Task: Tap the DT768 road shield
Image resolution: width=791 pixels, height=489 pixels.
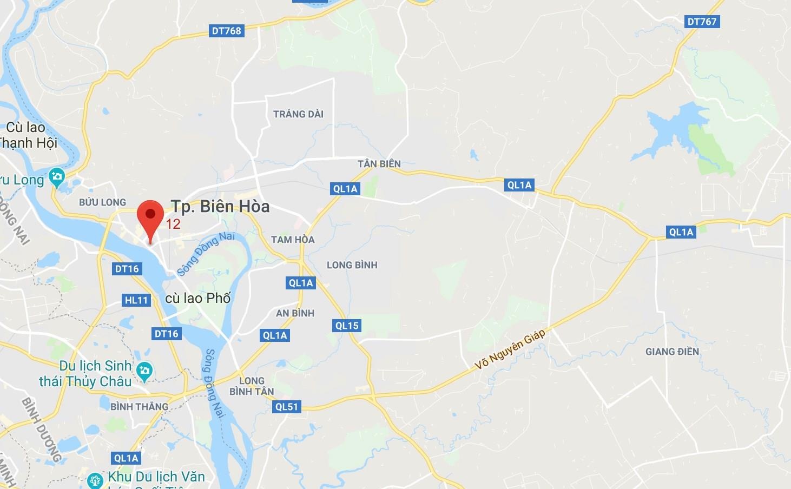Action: [x=227, y=31]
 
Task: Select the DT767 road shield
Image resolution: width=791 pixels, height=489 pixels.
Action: [x=702, y=22]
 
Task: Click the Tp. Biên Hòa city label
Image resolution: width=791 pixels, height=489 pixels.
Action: [x=220, y=206]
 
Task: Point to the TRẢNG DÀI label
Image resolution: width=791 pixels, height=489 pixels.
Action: [x=298, y=114]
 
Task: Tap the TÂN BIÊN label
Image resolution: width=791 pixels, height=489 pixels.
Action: [x=379, y=163]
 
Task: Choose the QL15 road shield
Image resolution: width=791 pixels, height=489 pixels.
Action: [x=347, y=326]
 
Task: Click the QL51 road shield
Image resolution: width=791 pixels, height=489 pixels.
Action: [x=287, y=407]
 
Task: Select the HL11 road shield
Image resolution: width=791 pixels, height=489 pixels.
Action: [x=136, y=300]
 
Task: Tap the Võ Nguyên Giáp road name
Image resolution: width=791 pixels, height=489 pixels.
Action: [x=510, y=349]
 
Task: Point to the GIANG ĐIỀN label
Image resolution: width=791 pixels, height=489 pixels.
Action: [x=672, y=352]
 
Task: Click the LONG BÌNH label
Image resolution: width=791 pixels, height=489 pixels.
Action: [x=352, y=265]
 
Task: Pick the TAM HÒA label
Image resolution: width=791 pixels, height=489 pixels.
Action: [x=293, y=240]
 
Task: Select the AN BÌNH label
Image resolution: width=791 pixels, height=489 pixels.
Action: [x=295, y=313]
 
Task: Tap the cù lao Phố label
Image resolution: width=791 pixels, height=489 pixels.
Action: [x=197, y=298]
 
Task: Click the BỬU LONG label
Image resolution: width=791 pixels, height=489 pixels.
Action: [x=102, y=202]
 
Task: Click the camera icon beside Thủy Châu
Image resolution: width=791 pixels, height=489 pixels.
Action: [x=144, y=371]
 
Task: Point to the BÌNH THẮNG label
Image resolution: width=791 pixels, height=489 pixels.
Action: [x=139, y=406]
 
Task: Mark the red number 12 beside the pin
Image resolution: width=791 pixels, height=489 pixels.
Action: [x=173, y=224]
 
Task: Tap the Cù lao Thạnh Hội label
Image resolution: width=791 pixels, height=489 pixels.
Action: [x=27, y=135]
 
